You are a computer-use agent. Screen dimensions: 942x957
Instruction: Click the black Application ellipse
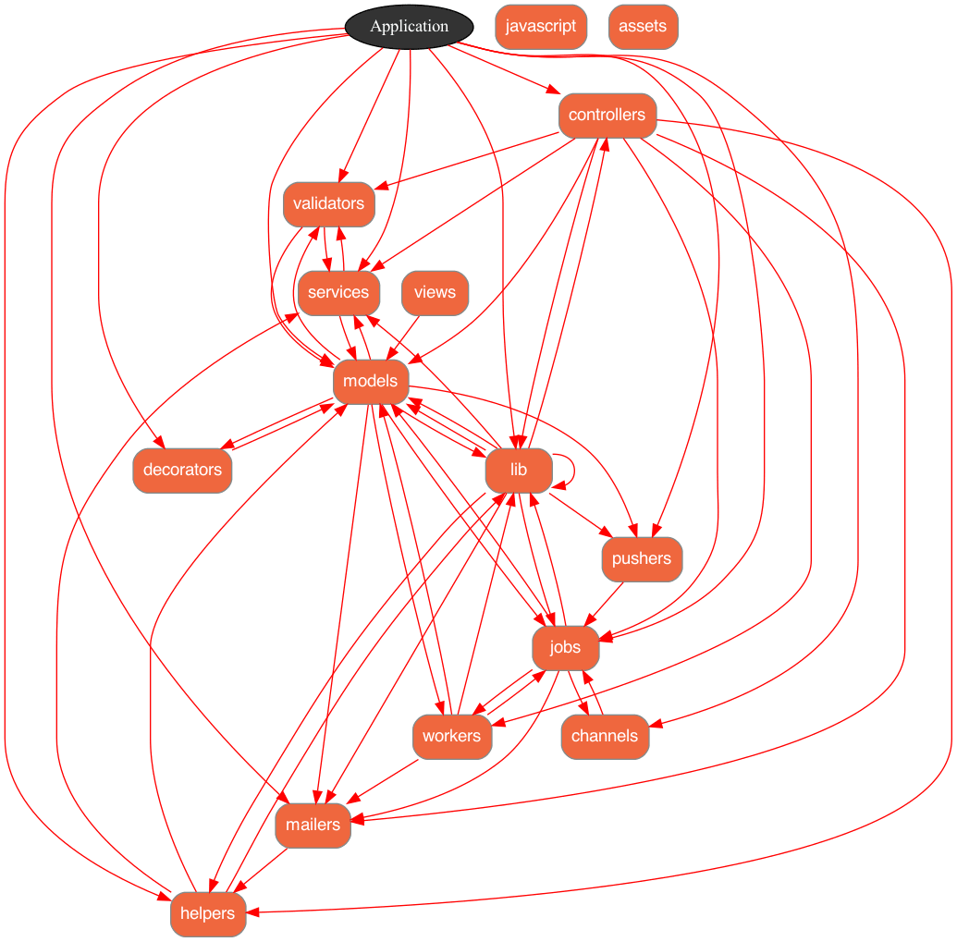409,26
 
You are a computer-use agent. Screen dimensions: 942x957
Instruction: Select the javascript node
541,26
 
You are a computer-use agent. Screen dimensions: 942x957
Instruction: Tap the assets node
643,26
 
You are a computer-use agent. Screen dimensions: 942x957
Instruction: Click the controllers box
607,116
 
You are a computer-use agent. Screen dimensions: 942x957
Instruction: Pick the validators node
328,203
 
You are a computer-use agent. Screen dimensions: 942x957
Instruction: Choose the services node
338,293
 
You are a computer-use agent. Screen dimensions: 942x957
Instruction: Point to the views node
435,293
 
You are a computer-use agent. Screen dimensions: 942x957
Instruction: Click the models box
370,381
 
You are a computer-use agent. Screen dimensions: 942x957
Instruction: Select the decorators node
182,470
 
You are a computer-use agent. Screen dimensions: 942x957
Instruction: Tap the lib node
518,470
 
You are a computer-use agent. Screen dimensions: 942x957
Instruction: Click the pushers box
641,558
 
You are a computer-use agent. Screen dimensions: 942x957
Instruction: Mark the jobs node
565,647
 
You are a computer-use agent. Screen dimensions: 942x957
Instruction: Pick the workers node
451,736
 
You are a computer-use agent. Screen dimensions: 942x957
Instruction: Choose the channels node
604,736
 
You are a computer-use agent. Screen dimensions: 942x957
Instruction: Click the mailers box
313,825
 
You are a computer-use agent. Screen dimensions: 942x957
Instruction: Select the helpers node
207,914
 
